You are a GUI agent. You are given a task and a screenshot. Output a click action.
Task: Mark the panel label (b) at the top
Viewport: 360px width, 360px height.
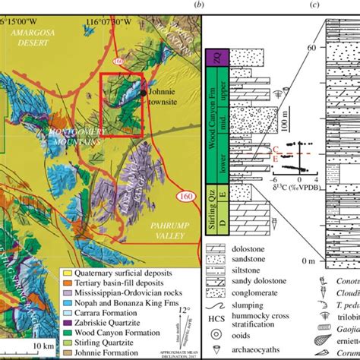[198, 5]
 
